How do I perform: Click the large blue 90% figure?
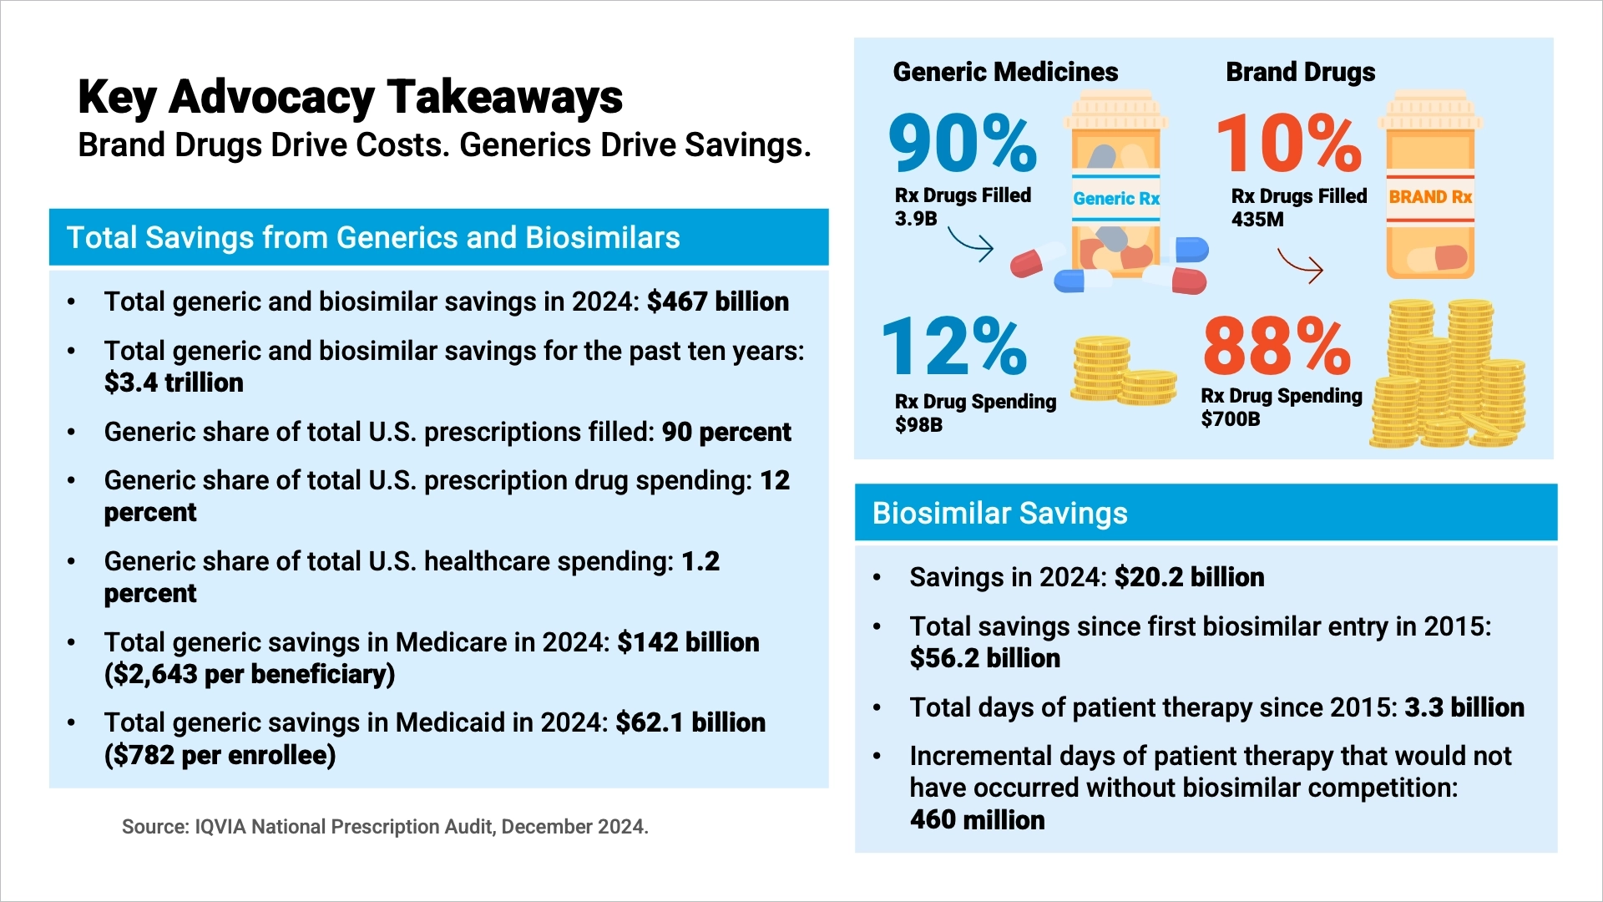click(x=962, y=143)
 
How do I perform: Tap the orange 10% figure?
click(x=1288, y=143)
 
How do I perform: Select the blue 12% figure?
click(x=953, y=347)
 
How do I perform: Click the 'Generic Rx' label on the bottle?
click(x=1116, y=199)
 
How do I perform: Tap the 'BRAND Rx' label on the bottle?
click(x=1429, y=197)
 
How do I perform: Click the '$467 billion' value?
click(x=717, y=302)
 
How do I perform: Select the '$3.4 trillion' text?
click(x=174, y=383)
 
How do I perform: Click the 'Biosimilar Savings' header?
click(x=999, y=513)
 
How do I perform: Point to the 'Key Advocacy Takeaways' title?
click(x=350, y=97)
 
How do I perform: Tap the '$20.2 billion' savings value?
click(x=1189, y=577)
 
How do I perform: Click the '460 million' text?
click(x=977, y=819)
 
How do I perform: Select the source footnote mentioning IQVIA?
click(x=385, y=827)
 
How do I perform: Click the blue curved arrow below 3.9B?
click(x=971, y=244)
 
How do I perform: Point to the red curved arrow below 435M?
click(x=1301, y=266)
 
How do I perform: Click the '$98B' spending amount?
click(x=918, y=425)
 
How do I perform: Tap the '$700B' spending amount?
click(x=1230, y=419)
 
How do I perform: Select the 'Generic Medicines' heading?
click(x=1005, y=72)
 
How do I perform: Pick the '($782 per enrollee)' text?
click(x=220, y=755)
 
